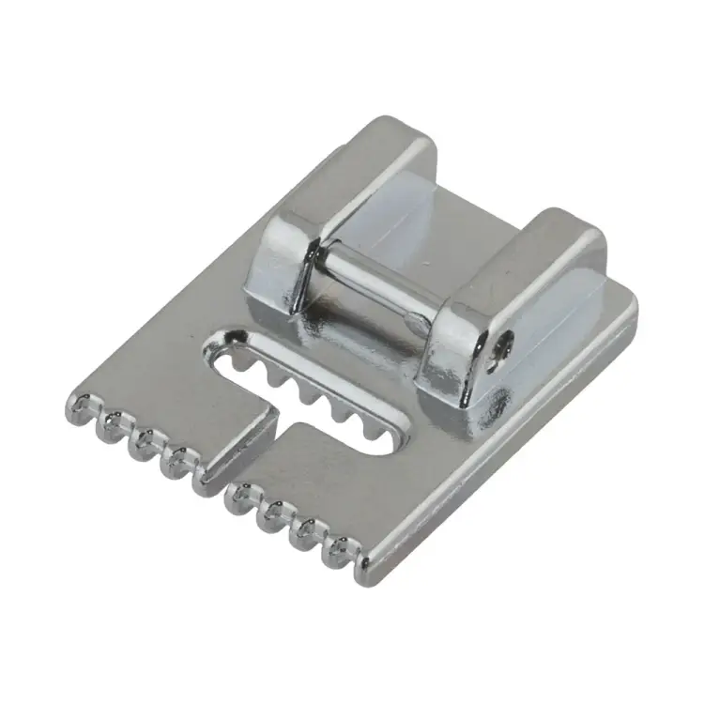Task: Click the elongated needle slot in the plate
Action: click(x=310, y=385)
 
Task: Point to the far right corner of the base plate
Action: click(x=631, y=305)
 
